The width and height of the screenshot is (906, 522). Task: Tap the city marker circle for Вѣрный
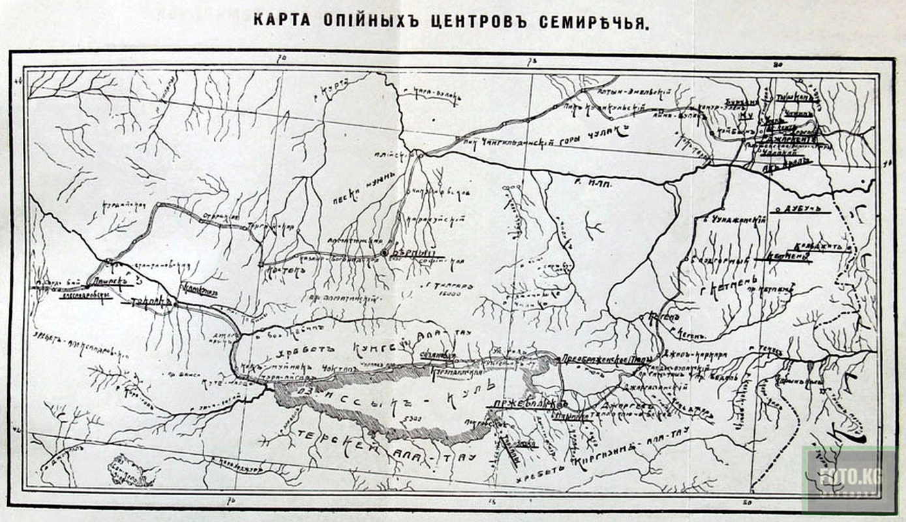tap(386, 253)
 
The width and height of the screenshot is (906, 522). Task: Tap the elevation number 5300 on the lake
tap(411, 418)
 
